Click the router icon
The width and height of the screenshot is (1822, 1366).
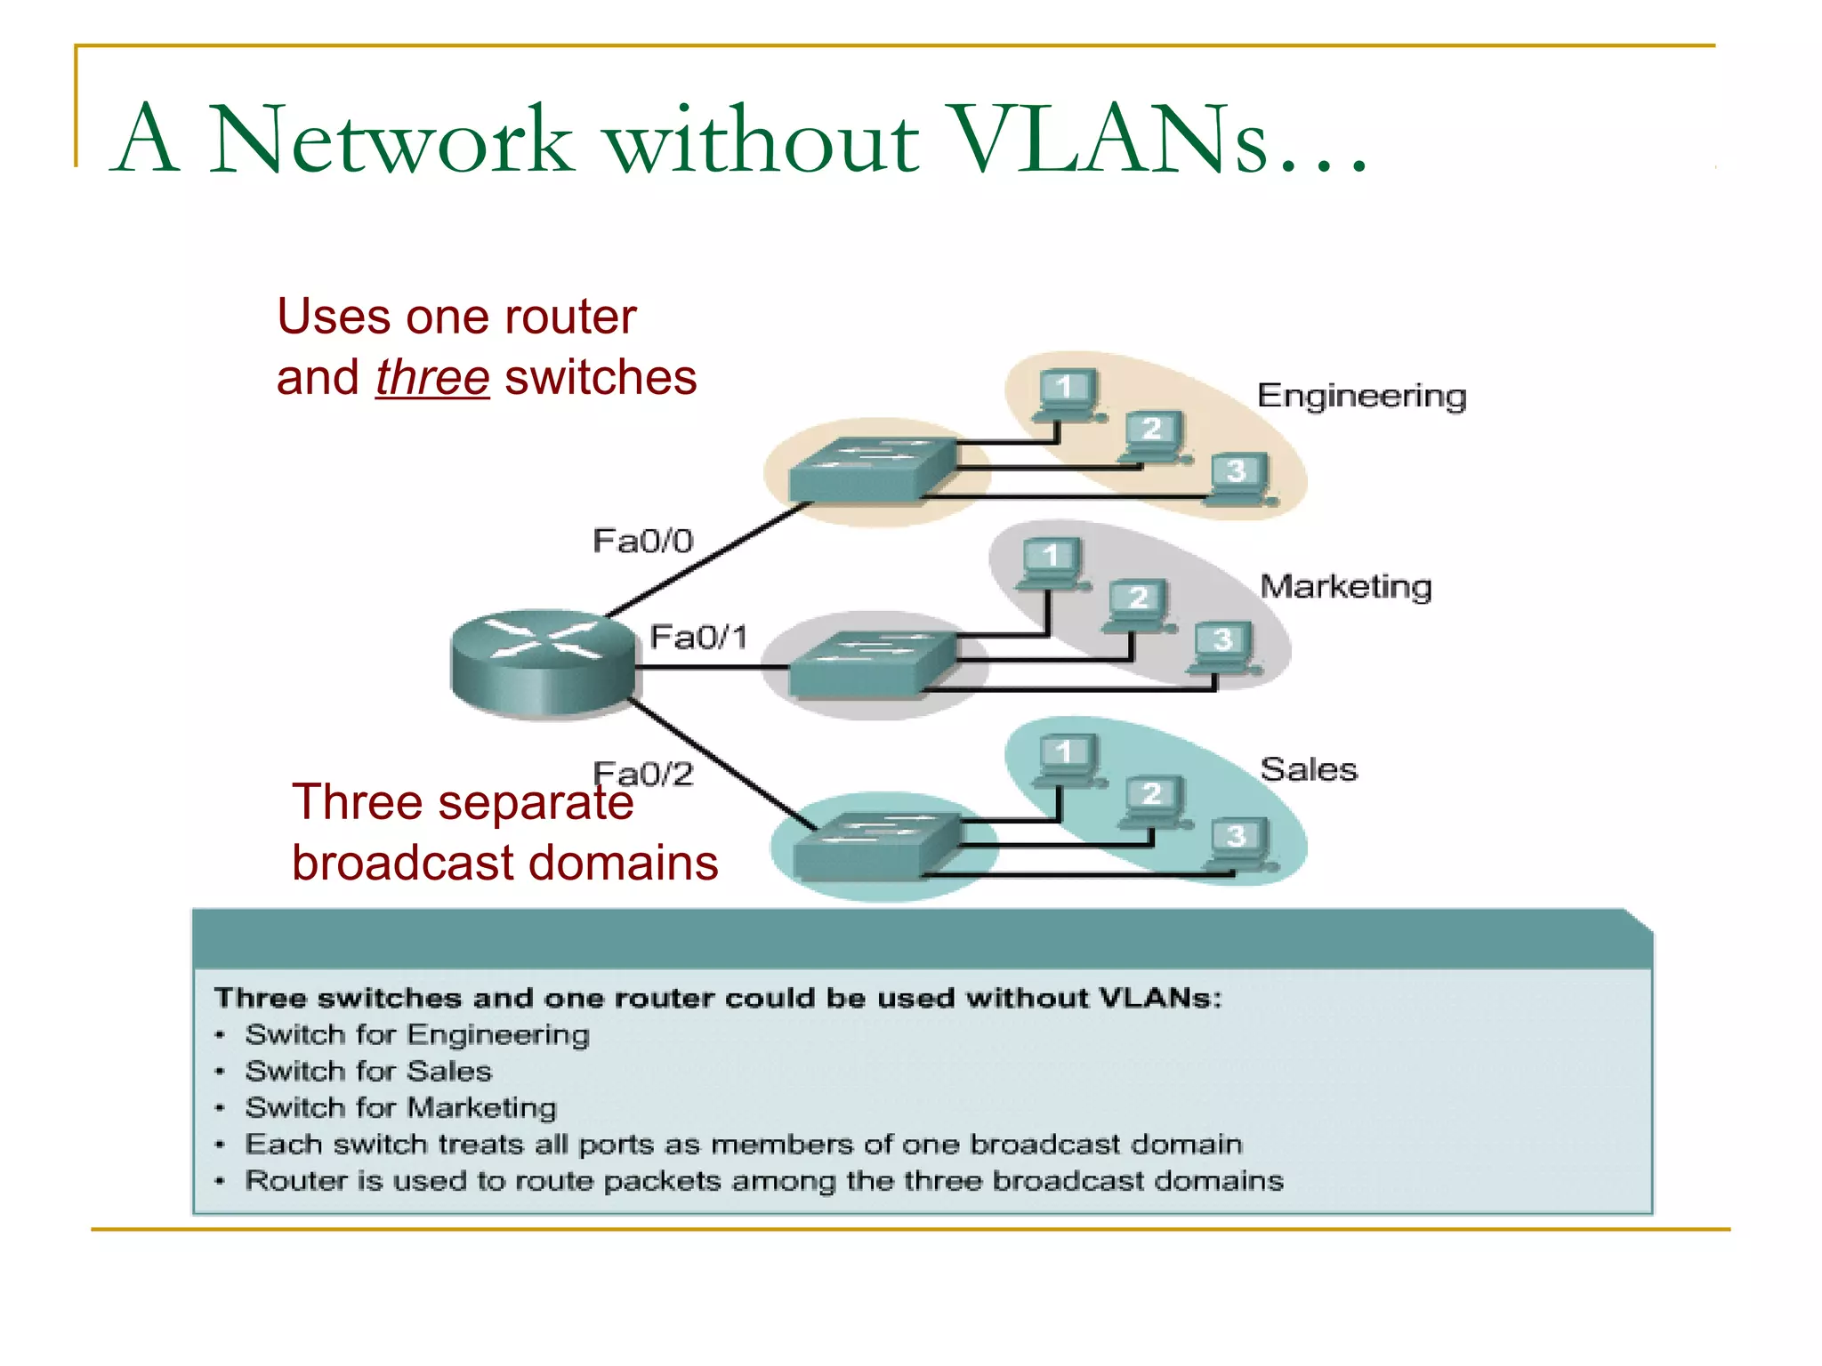click(x=543, y=663)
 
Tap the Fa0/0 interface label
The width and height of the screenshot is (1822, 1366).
click(x=642, y=541)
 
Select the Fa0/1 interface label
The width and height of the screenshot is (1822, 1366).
click(x=698, y=637)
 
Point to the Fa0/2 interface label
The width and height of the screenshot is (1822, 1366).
click(x=642, y=774)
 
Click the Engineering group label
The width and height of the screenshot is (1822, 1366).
click(x=1361, y=396)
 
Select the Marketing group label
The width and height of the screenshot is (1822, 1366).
click(x=1345, y=587)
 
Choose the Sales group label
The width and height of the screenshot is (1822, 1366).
click(x=1308, y=769)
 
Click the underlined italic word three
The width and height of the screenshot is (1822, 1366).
click(x=432, y=378)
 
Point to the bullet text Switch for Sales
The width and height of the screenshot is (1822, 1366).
click(x=368, y=1071)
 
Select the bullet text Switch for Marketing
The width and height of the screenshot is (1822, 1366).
click(x=400, y=1107)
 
